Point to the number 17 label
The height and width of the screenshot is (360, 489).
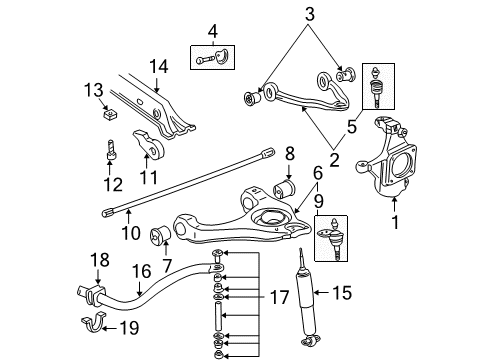(x=281, y=298)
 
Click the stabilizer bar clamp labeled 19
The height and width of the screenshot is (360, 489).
(x=91, y=324)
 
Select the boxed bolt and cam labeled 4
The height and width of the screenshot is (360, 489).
(x=211, y=56)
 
